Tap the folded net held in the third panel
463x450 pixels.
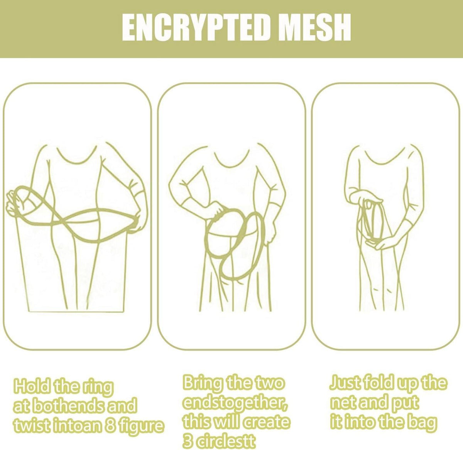pyautogui.click(x=373, y=225)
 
